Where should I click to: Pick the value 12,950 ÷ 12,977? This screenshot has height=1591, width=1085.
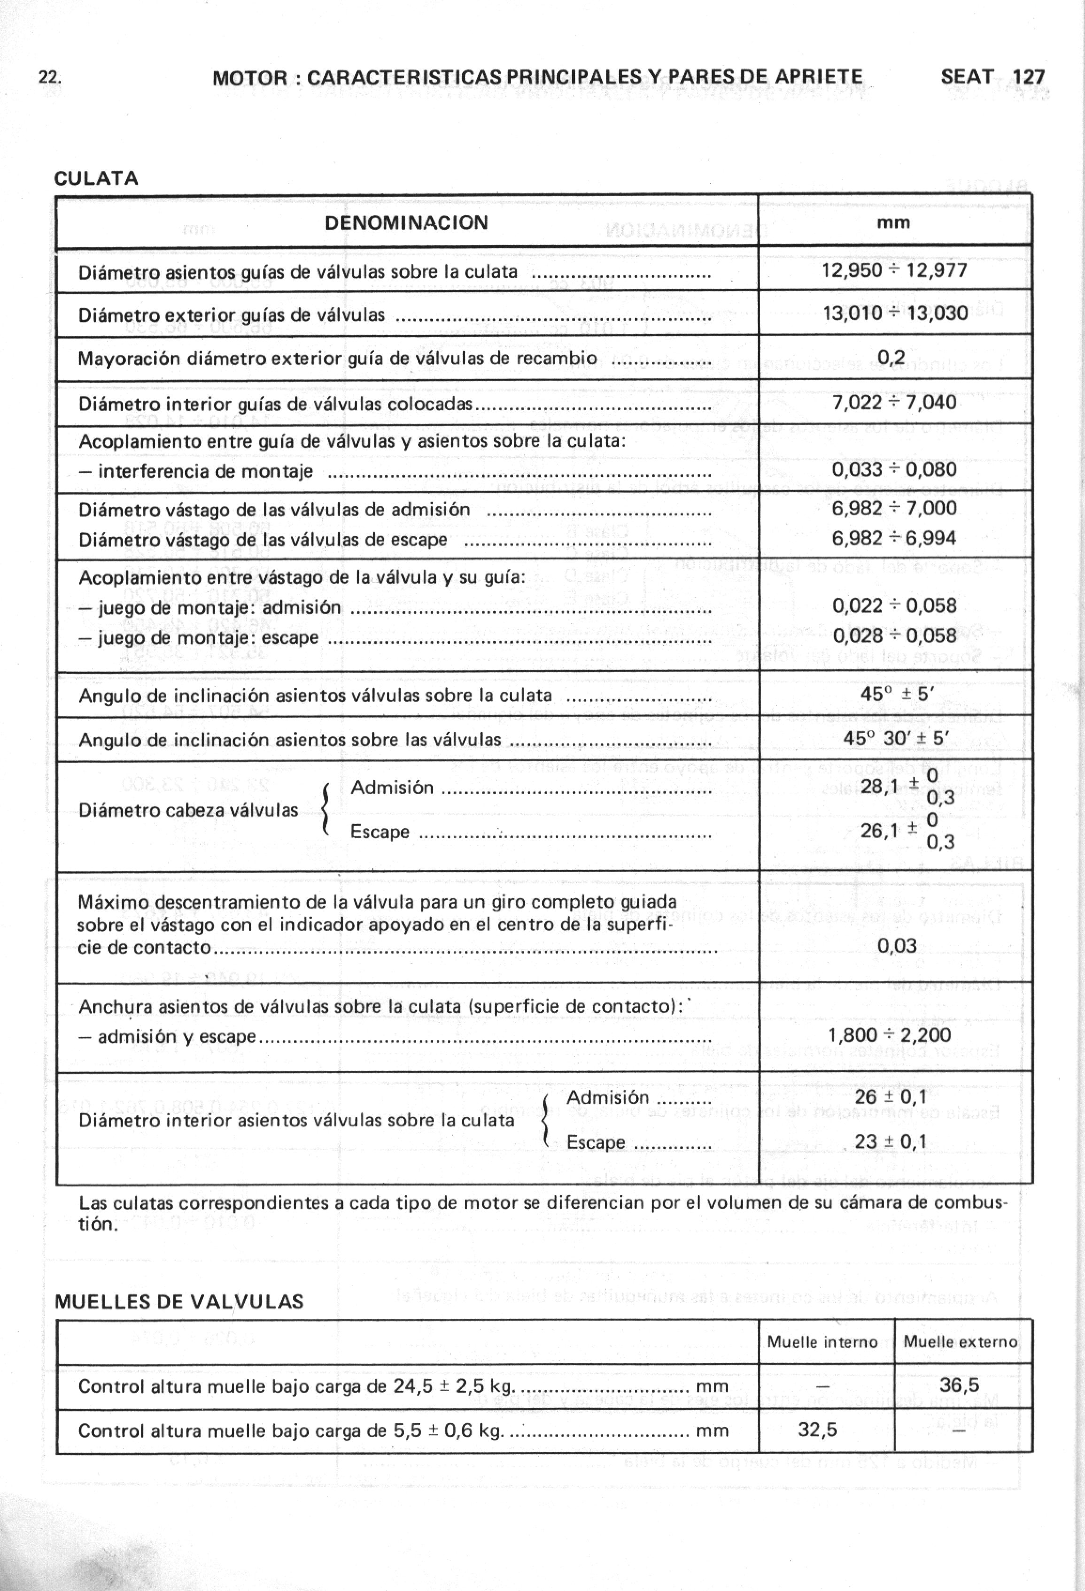click(894, 270)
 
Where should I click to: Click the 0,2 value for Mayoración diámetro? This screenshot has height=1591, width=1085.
click(891, 357)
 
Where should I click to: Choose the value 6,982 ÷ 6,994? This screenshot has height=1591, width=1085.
click(894, 538)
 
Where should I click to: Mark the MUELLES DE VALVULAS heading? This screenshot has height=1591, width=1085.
click(179, 1301)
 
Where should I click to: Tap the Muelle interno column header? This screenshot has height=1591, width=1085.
click(822, 1342)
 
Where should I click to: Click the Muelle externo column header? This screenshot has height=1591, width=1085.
click(961, 1342)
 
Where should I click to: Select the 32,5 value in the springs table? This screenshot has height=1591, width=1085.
click(817, 1430)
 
